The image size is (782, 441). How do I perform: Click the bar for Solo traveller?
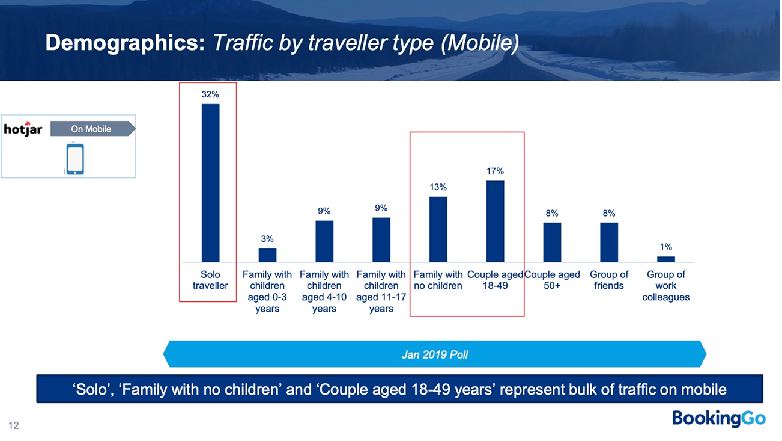210,183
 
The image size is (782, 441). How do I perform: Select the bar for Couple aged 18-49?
495,221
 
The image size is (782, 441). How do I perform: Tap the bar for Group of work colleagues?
665,259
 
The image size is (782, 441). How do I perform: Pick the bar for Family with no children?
438,229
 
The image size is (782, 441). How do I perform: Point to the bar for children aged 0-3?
267,255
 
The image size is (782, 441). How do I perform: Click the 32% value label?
210,95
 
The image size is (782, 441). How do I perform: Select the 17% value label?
495,171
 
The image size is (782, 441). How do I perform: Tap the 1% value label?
665,247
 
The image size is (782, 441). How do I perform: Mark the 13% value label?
438,188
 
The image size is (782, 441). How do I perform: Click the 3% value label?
267,239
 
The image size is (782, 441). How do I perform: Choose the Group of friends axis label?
608,280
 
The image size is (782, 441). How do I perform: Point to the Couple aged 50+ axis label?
552,280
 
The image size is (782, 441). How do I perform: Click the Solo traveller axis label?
210,280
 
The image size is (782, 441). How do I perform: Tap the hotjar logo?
23,129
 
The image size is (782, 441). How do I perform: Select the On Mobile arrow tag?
92,129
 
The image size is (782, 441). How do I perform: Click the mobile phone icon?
74,159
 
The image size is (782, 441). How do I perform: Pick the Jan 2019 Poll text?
434,354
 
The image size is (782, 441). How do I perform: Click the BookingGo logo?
718,418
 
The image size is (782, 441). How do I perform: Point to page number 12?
14,425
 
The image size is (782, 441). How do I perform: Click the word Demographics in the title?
125,43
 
